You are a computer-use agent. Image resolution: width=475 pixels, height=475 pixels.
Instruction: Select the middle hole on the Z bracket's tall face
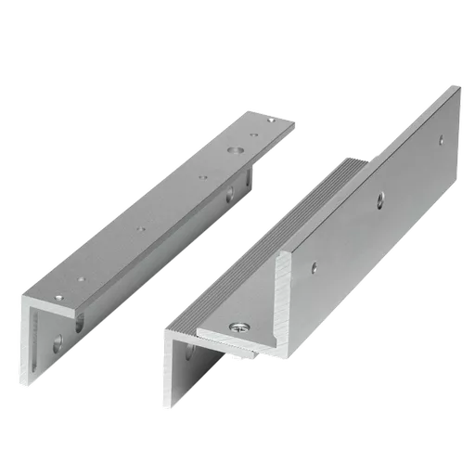coord(379,198)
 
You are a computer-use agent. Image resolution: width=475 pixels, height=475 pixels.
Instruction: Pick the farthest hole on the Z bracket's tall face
coord(440,140)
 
